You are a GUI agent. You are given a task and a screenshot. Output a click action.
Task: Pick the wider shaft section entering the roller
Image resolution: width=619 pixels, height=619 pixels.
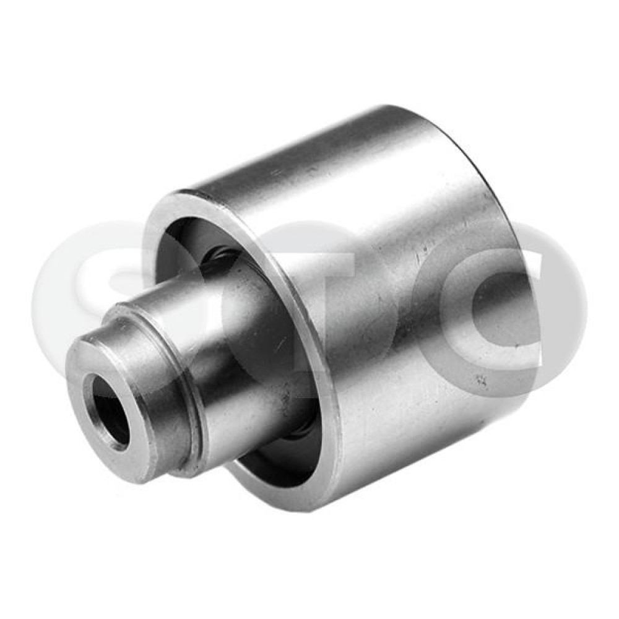(237, 347)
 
